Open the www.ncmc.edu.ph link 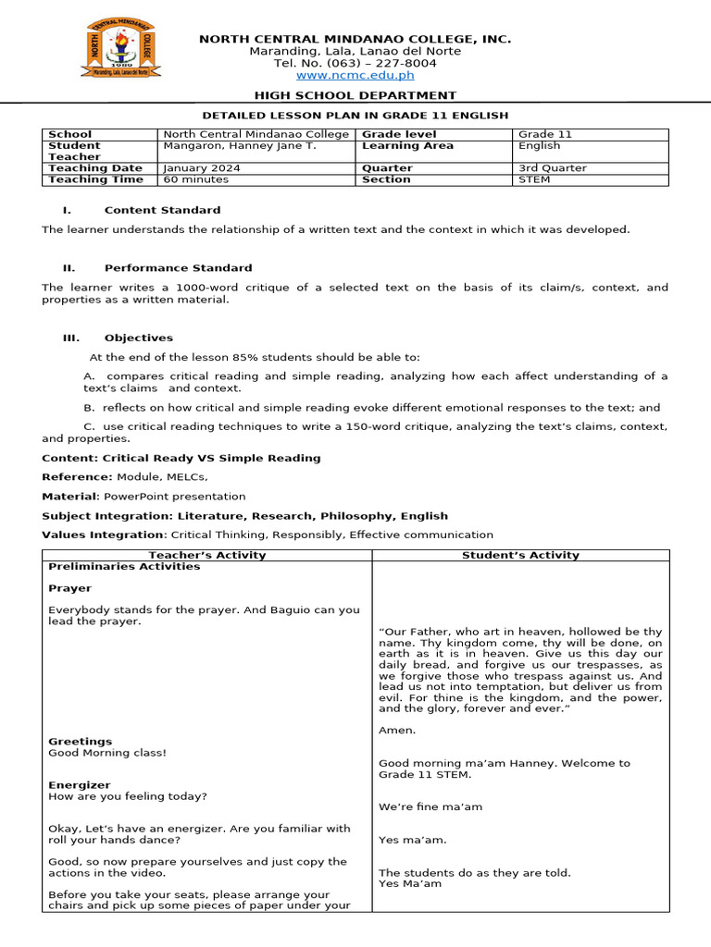click(x=355, y=75)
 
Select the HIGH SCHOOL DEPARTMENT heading click(x=355, y=95)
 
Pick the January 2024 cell click(x=202, y=168)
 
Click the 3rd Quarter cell click(x=553, y=168)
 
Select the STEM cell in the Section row click(x=534, y=179)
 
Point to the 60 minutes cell click(x=196, y=179)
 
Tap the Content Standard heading click(x=162, y=210)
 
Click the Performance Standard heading click(x=178, y=268)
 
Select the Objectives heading click(x=138, y=338)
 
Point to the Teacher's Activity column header click(x=207, y=555)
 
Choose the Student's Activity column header click(x=520, y=555)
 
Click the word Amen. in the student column click(x=397, y=731)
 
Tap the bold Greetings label click(x=80, y=742)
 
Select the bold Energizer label click(x=79, y=785)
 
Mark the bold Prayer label click(x=69, y=588)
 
